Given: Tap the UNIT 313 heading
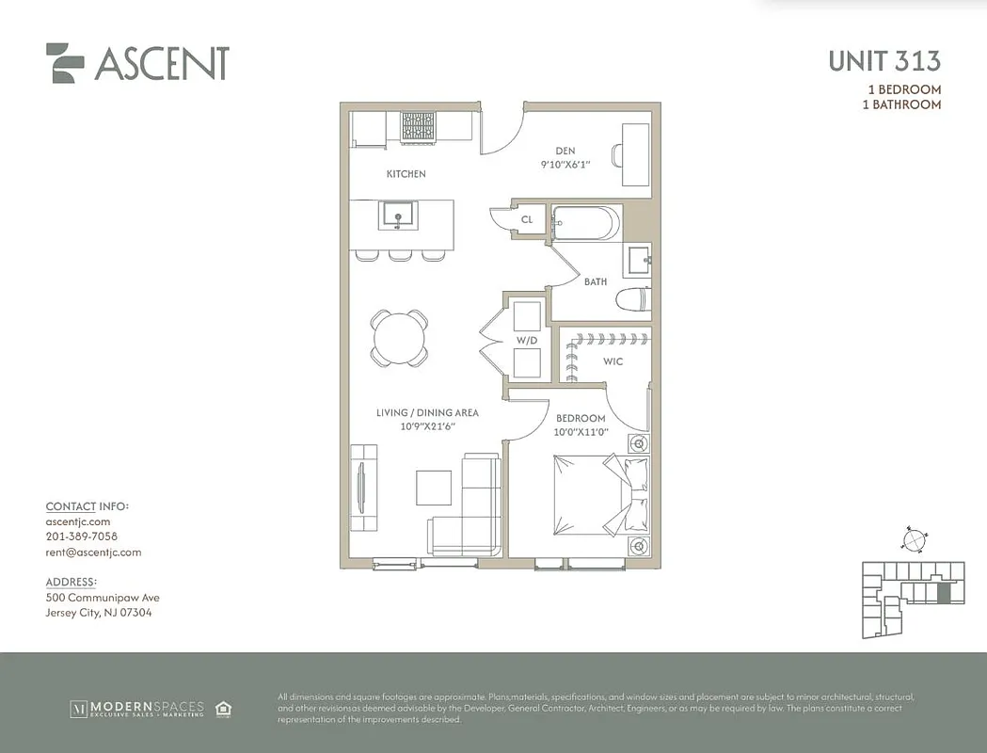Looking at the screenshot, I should (884, 61).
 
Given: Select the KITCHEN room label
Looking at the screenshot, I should (406, 174).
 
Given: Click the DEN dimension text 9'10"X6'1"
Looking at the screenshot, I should (565, 165).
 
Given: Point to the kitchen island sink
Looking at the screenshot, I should (398, 216).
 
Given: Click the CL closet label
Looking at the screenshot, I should (527, 220).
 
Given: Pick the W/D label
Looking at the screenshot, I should (526, 340).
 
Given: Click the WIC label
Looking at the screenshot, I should (613, 361).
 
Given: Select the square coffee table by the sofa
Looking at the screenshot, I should (436, 488).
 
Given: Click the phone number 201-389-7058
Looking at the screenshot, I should (82, 537).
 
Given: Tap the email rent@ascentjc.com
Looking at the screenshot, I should (93, 553).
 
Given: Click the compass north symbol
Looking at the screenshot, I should (913, 539).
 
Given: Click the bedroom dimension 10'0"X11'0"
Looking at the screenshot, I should (581, 432).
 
